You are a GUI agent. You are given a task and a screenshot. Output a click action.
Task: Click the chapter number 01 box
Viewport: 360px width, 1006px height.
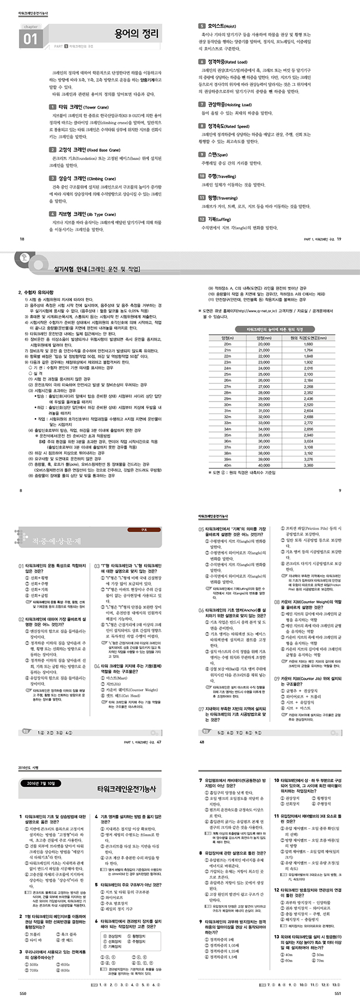tap(30, 39)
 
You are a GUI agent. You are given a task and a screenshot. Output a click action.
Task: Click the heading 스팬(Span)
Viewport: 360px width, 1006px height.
tap(218, 155)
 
